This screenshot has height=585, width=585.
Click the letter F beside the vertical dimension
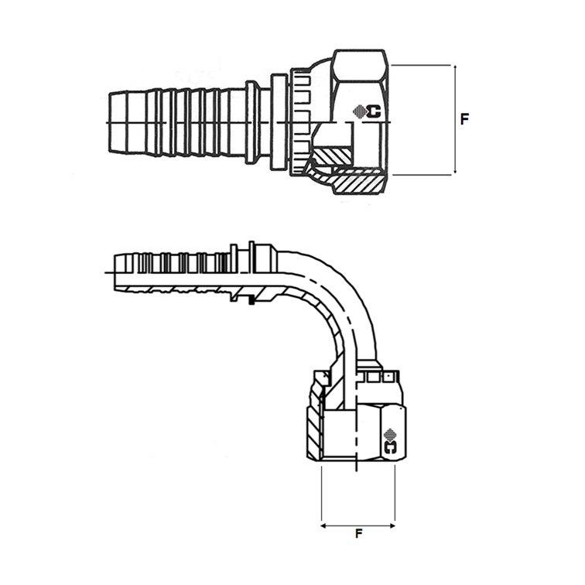(464, 120)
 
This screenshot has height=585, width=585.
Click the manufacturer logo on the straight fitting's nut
(368, 111)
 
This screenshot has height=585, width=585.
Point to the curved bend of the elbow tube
(340, 298)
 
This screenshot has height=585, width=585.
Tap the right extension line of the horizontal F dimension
(395, 495)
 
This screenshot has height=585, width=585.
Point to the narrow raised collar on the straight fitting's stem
(252, 121)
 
